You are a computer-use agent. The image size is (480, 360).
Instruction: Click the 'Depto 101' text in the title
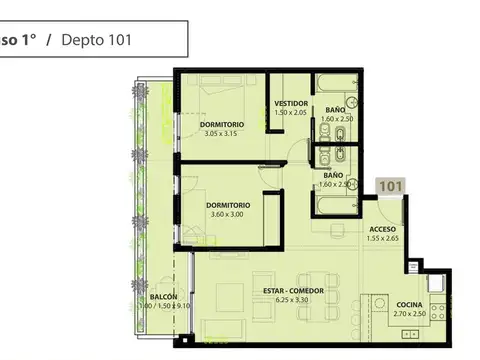tap(96, 40)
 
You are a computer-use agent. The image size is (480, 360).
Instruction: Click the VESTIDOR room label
tap(291, 103)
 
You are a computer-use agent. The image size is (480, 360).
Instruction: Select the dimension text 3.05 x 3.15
tap(223, 133)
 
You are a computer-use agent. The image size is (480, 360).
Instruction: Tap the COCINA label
tap(407, 304)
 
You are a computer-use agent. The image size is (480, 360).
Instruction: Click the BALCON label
tap(165, 297)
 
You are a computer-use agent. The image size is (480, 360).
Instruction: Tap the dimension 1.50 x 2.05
tap(291, 113)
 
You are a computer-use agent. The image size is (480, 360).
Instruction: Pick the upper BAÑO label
tap(336, 110)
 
